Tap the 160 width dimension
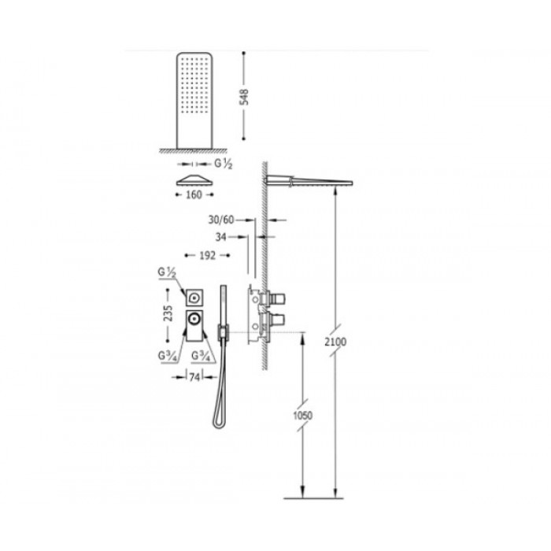pyautogui.click(x=194, y=194)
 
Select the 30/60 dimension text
pyautogui.click(x=221, y=220)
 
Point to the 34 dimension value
pyautogui.click(x=220, y=237)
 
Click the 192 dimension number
pyautogui.click(x=207, y=256)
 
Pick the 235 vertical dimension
pyautogui.click(x=168, y=313)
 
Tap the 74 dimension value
pyautogui.click(x=194, y=377)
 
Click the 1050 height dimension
pyautogui.click(x=302, y=416)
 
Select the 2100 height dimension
pyautogui.click(x=335, y=342)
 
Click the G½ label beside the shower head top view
pyautogui.click(x=224, y=164)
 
